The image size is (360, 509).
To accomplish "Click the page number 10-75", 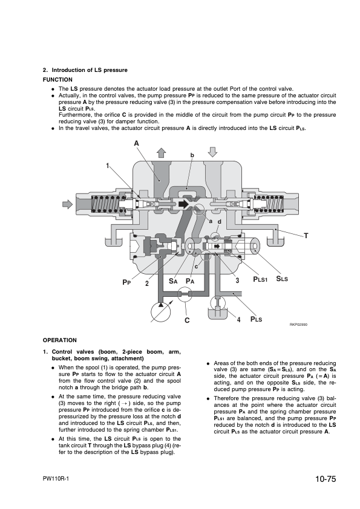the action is tap(326, 479).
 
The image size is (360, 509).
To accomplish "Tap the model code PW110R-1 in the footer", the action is tap(56, 479).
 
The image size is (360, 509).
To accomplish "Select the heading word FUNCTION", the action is tap(57, 80).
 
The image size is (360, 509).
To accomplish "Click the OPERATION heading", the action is tap(60, 340).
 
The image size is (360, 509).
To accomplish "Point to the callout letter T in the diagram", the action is tap(306, 236).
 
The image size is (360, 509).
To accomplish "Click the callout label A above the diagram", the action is tap(137, 143).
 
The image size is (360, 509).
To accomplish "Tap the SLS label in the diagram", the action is tap(282, 279).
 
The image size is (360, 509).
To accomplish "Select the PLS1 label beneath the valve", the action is tap(260, 279).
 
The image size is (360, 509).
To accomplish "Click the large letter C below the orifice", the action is tap(187, 320).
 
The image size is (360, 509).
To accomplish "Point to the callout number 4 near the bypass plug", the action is tap(238, 320).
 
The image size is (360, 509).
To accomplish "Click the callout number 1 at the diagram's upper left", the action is tap(108, 166).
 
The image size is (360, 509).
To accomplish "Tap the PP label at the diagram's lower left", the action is tap(126, 282).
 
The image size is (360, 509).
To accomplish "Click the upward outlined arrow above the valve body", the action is tap(161, 152).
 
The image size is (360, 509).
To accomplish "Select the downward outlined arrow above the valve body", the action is tap(212, 152).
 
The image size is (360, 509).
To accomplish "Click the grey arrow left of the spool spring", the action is tap(67, 204).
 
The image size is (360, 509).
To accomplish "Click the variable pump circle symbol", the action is tap(161, 312).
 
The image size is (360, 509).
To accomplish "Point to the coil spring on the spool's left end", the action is tap(103, 204).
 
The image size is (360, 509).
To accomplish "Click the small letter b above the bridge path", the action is tap(192, 155).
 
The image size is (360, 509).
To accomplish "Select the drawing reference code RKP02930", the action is tap(299, 325).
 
